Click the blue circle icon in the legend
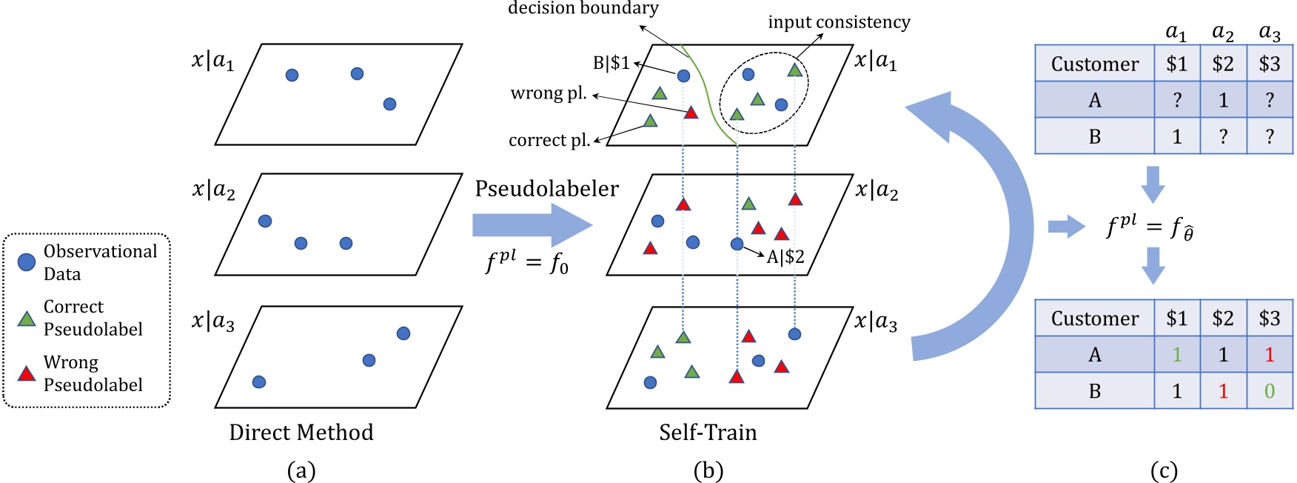(x=27, y=262)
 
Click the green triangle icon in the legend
(x=27, y=319)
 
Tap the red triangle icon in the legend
(x=27, y=373)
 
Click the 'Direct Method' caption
(x=301, y=433)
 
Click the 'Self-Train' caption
(x=708, y=433)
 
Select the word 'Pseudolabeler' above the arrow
(x=546, y=189)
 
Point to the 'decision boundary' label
(x=583, y=9)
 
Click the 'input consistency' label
(x=839, y=22)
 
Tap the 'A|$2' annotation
(x=785, y=257)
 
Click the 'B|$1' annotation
(x=611, y=63)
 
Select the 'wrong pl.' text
(x=549, y=93)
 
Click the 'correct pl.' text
(x=549, y=140)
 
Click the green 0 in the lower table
(x=1269, y=391)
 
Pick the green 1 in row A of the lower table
(x=1177, y=355)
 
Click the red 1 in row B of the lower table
(x=1223, y=391)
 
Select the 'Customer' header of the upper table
(x=1095, y=64)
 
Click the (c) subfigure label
(x=1164, y=470)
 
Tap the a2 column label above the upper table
(x=1223, y=33)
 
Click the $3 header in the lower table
(x=1269, y=319)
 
